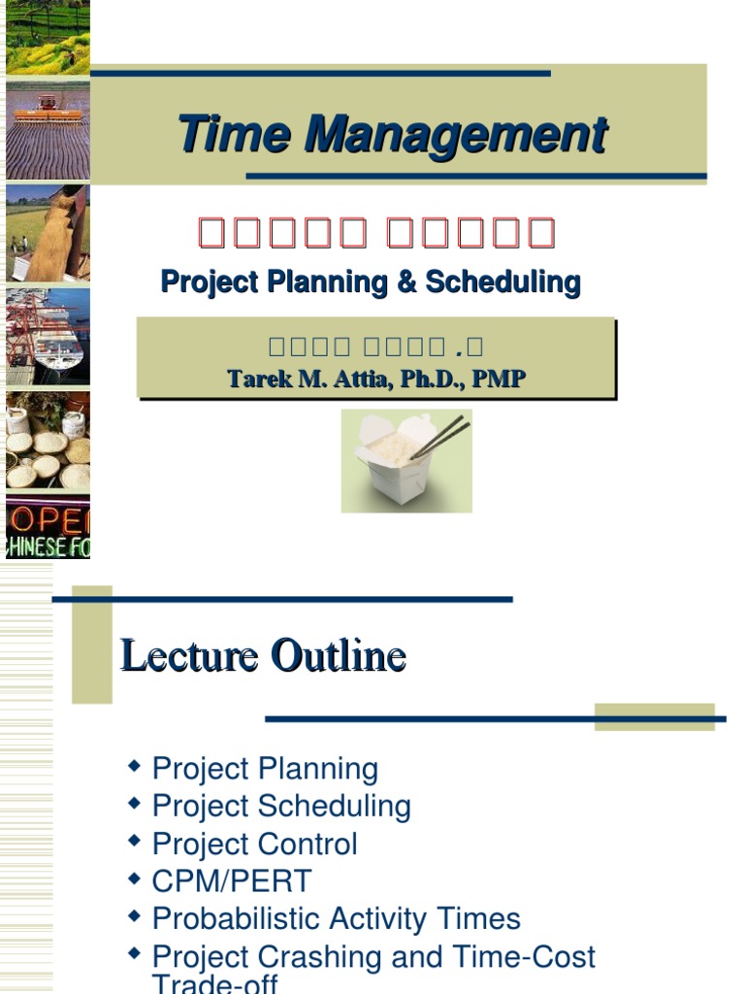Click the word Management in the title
pyautogui.click(x=456, y=134)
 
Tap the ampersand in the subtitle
pyautogui.click(x=405, y=282)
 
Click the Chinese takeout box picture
pyautogui.click(x=405, y=461)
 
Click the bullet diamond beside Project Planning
pyautogui.click(x=135, y=767)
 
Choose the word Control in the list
pyautogui.click(x=314, y=844)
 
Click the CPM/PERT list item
pyautogui.click(x=232, y=881)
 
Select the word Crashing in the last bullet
pyautogui.click(x=327, y=957)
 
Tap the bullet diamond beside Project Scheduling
pyautogui.click(x=135, y=804)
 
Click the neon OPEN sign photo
pyautogui.click(x=49, y=527)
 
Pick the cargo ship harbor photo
pyautogui.click(x=49, y=336)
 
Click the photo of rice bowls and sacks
pyautogui.click(x=49, y=441)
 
